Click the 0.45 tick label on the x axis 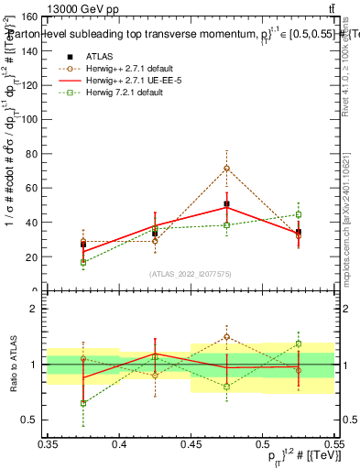click(191, 444)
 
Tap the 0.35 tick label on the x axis click(49, 444)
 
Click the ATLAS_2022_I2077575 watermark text click(190, 274)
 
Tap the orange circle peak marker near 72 click(227, 169)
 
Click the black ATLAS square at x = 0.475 click(227, 204)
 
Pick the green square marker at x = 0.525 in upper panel click(299, 215)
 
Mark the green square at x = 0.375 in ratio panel click(83, 403)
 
